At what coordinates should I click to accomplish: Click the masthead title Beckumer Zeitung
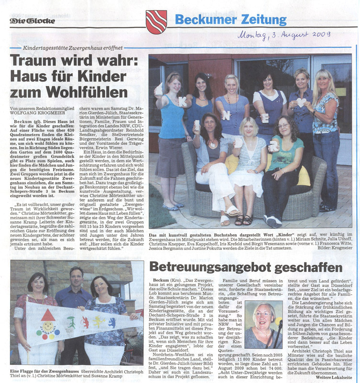point(230,20)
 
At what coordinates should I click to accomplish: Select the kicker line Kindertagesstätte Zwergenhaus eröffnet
point(73,48)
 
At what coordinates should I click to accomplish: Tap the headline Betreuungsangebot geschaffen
point(246,266)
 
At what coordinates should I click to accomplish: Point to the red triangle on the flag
point(48,315)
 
